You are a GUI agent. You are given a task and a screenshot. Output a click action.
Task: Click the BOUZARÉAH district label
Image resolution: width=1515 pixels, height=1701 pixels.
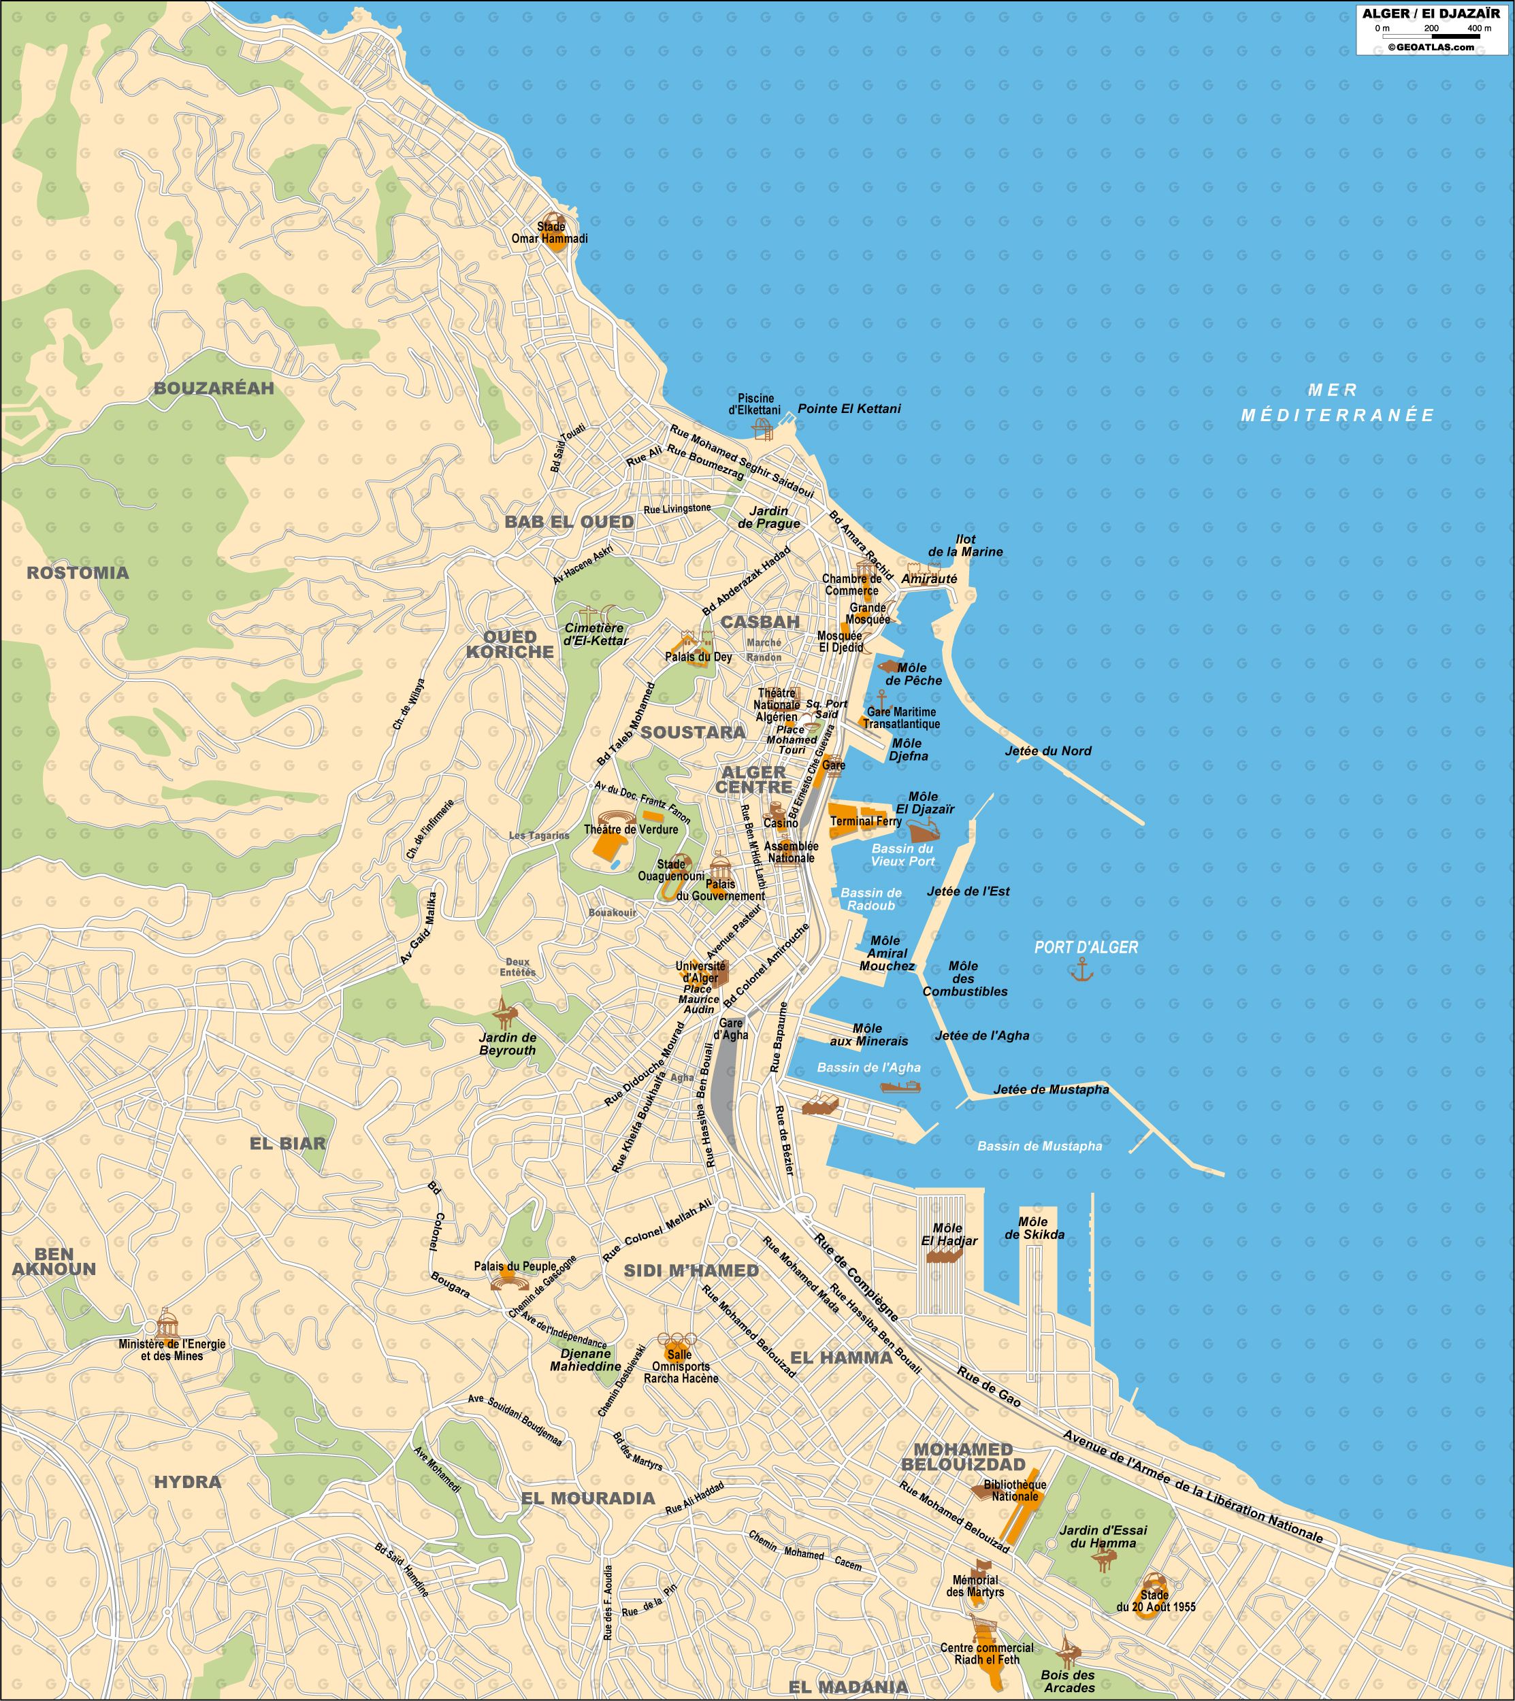214,388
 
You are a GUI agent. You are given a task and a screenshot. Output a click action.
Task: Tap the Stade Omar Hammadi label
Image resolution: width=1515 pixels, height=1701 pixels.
549,233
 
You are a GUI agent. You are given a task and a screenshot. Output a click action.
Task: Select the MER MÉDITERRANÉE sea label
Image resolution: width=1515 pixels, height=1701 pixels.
1337,402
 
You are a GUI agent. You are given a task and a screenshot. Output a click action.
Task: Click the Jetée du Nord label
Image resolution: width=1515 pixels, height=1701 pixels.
1048,750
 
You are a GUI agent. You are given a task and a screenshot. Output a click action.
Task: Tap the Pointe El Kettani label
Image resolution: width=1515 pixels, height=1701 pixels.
849,409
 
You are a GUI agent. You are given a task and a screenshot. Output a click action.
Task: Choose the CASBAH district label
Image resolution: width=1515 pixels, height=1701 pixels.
760,622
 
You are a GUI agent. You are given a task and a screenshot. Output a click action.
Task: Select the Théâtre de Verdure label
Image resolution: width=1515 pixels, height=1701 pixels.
631,829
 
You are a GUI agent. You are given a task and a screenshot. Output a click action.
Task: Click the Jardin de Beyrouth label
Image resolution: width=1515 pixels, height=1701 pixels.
507,1044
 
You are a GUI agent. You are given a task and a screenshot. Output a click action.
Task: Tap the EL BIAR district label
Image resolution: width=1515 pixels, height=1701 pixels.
288,1144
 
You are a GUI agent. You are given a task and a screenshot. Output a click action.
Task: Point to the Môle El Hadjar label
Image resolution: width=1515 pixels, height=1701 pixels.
948,1234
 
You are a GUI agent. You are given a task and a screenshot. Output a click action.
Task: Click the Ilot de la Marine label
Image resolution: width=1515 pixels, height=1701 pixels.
965,545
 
